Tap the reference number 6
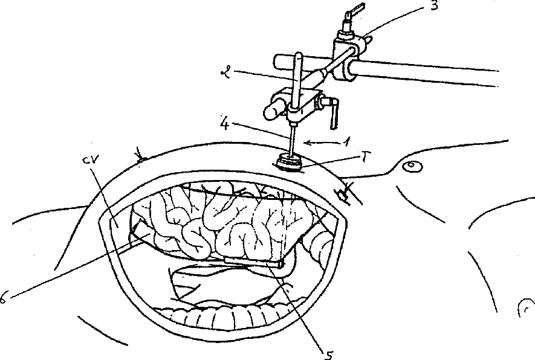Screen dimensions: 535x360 tap(4, 295)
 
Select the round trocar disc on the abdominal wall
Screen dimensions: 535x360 tap(287, 162)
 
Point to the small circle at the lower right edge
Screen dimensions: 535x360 tap(524, 309)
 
